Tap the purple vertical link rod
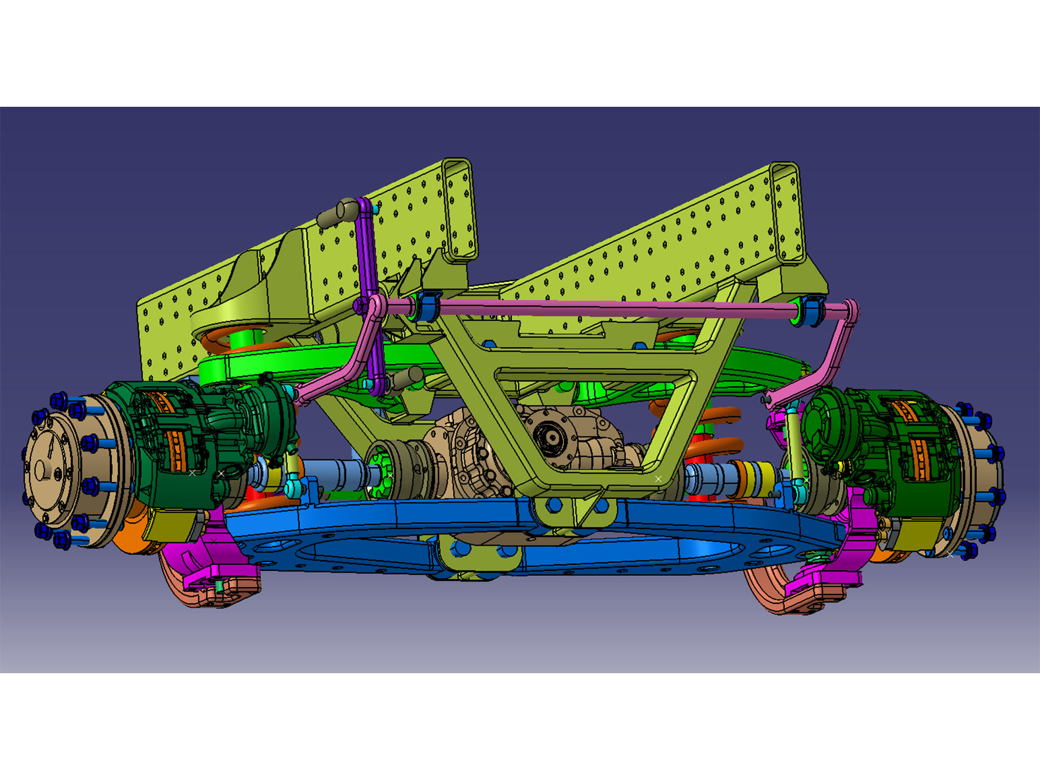(365, 248)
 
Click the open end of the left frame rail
(458, 209)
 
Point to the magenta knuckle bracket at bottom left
(220, 561)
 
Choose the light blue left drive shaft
(336, 473)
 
